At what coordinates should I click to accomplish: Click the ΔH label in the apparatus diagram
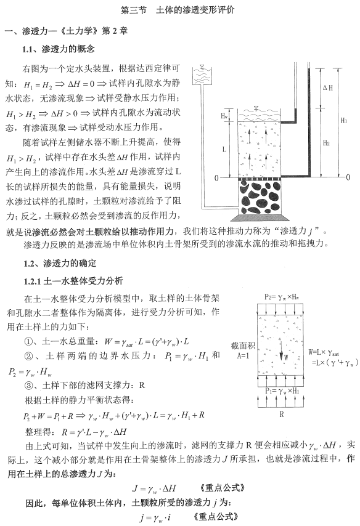click(x=328, y=88)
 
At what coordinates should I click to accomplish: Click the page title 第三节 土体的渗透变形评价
click(x=180, y=10)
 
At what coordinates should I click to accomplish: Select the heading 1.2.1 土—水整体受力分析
click(x=73, y=280)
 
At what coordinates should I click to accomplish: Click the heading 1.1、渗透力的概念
click(x=59, y=49)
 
